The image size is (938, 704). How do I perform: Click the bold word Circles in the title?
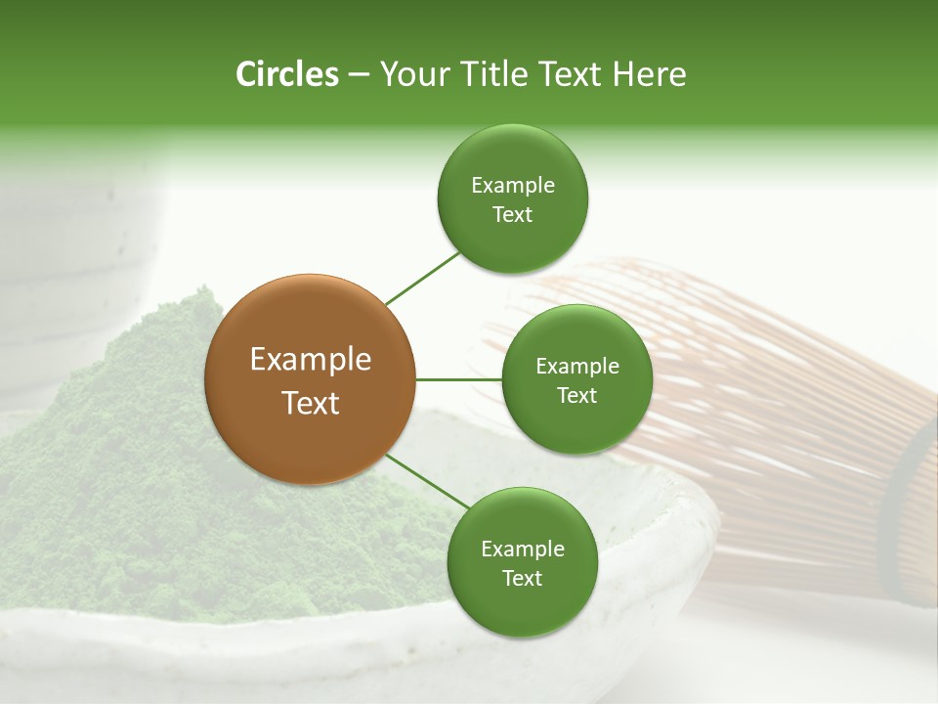pos(286,74)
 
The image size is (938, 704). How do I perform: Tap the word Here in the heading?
pos(649,74)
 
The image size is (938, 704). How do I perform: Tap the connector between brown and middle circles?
pos(458,379)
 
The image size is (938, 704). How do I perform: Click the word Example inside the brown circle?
pos(310,360)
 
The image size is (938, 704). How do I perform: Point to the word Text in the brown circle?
pos(310,403)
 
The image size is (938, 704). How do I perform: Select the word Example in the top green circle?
pos(512,185)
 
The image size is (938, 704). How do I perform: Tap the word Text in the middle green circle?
pos(576,395)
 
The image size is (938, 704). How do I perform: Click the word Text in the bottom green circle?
pos(522,578)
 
